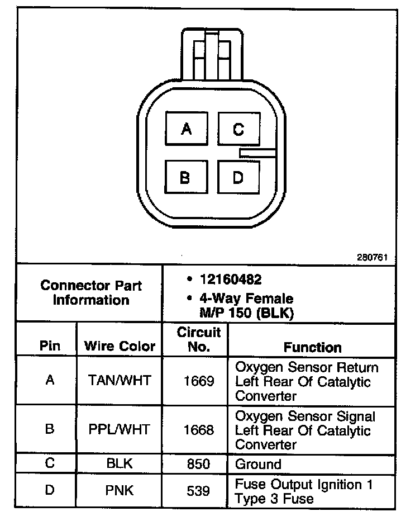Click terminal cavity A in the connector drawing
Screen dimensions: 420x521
tap(187, 130)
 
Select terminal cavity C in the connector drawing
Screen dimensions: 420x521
tap(238, 130)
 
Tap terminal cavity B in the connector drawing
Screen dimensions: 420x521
tap(185, 178)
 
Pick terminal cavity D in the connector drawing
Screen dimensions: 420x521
tap(238, 178)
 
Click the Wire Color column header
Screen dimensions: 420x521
tap(120, 346)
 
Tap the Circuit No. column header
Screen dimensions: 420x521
tap(199, 339)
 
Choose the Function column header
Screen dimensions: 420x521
tap(312, 347)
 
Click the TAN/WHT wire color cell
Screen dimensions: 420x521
tap(120, 381)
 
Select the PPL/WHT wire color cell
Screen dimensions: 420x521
tap(120, 430)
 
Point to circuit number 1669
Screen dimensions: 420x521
tap(199, 381)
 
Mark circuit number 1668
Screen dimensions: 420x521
tap(199, 430)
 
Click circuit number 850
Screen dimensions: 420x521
tap(199, 464)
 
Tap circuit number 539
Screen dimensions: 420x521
tap(199, 491)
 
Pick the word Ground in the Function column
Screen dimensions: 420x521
tap(258, 464)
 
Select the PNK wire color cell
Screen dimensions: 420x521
tap(120, 491)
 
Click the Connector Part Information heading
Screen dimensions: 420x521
tap(91, 292)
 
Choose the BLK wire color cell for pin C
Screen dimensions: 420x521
tap(120, 464)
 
